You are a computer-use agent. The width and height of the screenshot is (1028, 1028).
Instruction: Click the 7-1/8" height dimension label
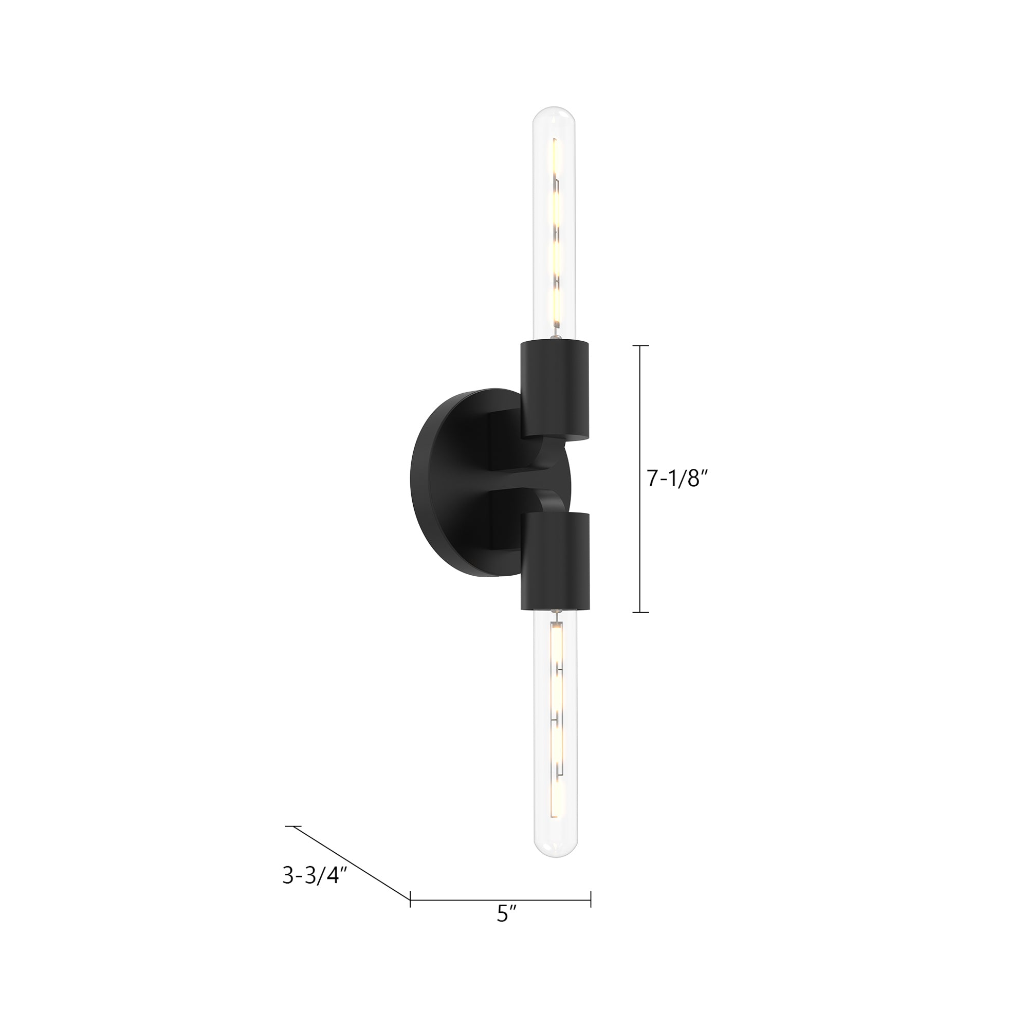678,480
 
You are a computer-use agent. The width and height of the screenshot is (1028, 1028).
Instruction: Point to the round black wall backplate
450,482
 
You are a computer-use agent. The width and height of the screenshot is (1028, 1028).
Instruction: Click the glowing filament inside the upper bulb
556,234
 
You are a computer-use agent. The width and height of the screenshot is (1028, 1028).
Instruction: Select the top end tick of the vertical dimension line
640,346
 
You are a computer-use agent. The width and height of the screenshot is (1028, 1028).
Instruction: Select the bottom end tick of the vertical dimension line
640,613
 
